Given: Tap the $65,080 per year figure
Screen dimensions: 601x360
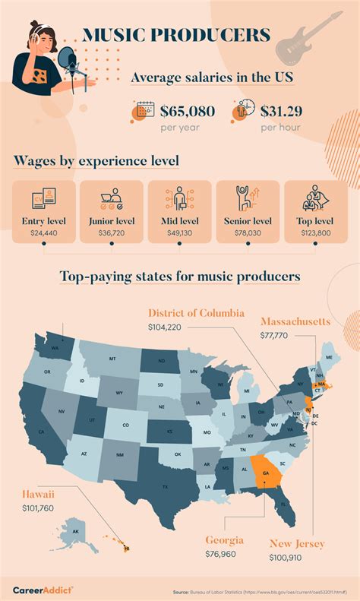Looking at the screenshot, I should [x=188, y=111].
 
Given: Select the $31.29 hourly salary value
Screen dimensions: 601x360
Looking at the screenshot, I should [x=287, y=111].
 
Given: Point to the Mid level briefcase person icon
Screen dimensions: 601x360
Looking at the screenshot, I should [x=180, y=198].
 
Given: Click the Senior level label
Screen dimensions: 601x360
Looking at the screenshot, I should [x=248, y=221].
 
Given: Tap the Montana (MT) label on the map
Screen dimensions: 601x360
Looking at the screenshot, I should [x=112, y=359].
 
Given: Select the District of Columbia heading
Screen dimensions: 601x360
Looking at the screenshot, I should [x=196, y=312].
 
